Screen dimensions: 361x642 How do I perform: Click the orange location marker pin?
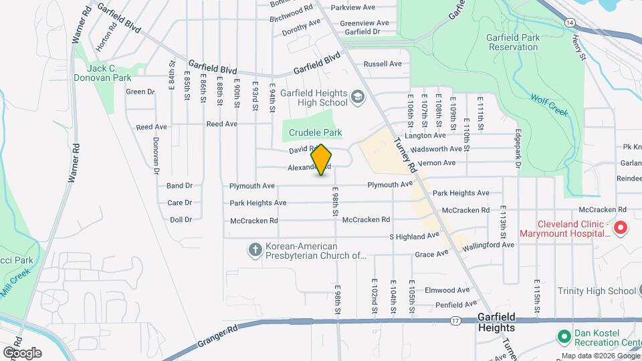tap(322, 159)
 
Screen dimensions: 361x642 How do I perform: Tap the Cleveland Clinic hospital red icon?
tap(620, 228)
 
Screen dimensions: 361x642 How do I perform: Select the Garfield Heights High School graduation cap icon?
tap(358, 98)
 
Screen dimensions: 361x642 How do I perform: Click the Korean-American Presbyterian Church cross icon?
tap(255, 250)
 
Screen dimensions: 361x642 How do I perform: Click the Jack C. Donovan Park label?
tap(102, 73)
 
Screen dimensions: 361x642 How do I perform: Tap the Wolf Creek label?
tap(550, 104)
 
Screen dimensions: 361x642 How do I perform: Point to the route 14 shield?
tap(568, 22)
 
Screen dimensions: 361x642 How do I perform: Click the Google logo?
tap(22, 352)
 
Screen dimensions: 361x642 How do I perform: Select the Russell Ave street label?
tap(382, 64)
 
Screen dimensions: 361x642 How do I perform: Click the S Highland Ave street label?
tap(414, 236)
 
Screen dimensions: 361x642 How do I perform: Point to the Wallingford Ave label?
tap(490, 245)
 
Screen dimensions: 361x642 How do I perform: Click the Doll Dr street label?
tap(181, 219)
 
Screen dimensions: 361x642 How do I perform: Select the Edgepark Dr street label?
tap(517, 148)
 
